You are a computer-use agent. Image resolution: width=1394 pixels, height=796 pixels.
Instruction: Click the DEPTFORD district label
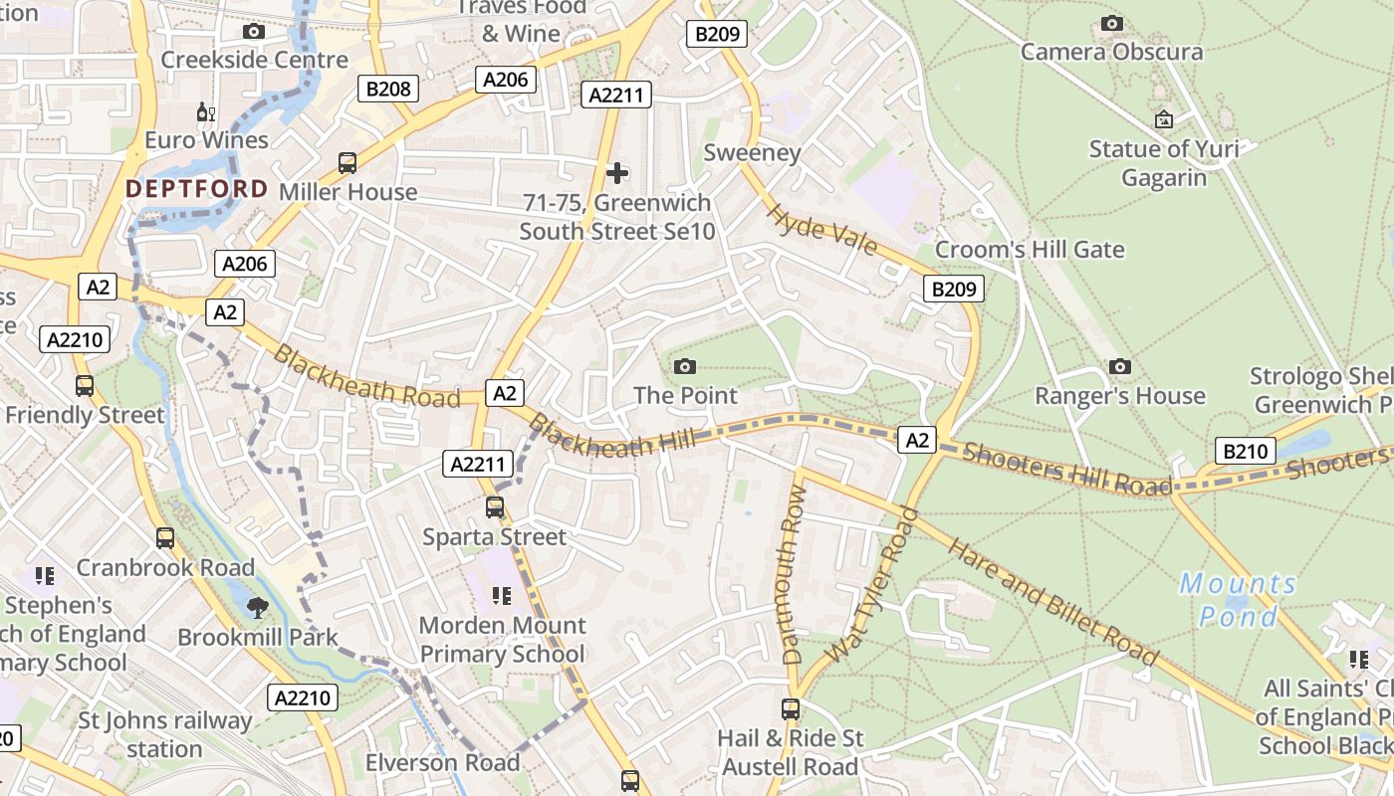tap(196, 189)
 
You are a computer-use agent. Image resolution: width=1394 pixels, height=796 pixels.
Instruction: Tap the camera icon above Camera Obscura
tap(1111, 23)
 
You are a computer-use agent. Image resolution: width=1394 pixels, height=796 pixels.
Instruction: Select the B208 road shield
tap(388, 89)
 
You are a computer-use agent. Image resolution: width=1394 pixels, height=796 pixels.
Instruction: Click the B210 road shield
tap(1245, 452)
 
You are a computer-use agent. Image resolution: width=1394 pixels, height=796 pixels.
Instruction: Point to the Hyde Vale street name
tap(821, 230)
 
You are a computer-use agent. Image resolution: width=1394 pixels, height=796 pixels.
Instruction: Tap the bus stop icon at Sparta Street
tap(495, 507)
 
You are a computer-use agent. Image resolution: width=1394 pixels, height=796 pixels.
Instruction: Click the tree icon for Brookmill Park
tap(257, 607)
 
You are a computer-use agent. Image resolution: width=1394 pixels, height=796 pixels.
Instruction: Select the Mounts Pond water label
tap(1238, 600)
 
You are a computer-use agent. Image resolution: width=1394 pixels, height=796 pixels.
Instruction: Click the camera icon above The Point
tap(685, 366)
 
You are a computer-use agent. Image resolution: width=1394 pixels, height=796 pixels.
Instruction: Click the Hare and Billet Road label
tap(1051, 600)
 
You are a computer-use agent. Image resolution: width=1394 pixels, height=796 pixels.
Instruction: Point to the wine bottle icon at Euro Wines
tap(206, 112)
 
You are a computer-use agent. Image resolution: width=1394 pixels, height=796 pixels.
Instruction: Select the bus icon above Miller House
tap(348, 162)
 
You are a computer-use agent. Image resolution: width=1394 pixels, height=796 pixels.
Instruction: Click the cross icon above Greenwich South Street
tap(617, 173)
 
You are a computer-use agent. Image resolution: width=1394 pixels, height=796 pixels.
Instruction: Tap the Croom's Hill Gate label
tap(1030, 249)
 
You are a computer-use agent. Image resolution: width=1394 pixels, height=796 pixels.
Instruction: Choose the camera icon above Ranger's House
tap(1120, 366)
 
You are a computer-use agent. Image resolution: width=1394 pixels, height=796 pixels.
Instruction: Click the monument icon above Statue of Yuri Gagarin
tap(1163, 120)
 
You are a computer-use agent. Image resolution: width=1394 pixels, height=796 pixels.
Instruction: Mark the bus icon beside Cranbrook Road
tap(165, 538)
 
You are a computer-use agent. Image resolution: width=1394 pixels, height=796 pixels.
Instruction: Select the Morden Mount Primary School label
tap(502, 640)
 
